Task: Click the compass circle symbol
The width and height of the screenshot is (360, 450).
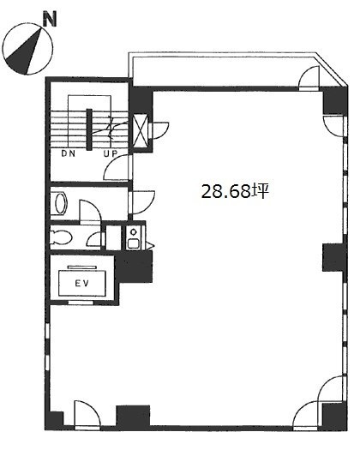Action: [x=24, y=51]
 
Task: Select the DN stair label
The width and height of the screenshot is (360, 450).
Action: [x=68, y=154]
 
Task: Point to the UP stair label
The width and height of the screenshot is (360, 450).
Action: [x=111, y=154]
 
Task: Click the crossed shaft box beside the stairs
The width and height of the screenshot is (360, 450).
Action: [x=140, y=129]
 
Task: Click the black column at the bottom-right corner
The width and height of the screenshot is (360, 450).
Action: [x=331, y=417]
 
